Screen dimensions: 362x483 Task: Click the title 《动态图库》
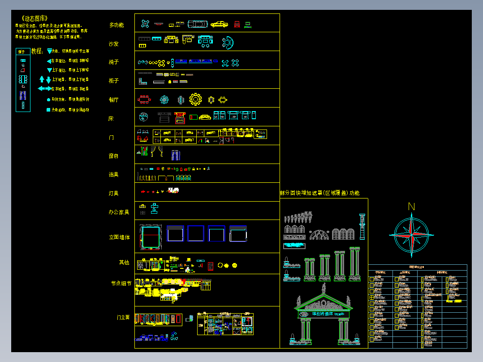[x=34, y=18]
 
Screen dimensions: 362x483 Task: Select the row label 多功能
[x=116, y=25]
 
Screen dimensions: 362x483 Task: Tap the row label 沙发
[x=113, y=44]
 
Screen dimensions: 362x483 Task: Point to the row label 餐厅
[x=113, y=100]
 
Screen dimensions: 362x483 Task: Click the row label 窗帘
[x=113, y=156]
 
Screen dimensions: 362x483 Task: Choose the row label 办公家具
[x=119, y=212]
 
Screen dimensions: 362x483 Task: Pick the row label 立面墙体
[x=119, y=237]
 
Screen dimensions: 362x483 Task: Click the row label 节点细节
[x=121, y=283]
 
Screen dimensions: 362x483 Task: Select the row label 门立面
[x=123, y=317]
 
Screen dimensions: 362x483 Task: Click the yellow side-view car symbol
[x=219, y=24]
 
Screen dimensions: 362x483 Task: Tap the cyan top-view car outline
[x=198, y=24]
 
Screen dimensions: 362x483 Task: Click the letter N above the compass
[x=411, y=207]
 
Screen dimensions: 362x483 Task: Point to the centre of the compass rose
[x=411, y=235]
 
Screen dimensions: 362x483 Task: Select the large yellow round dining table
[x=196, y=99]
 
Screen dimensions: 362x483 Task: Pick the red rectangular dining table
[x=144, y=99]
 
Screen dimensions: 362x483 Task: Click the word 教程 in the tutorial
[x=37, y=51]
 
